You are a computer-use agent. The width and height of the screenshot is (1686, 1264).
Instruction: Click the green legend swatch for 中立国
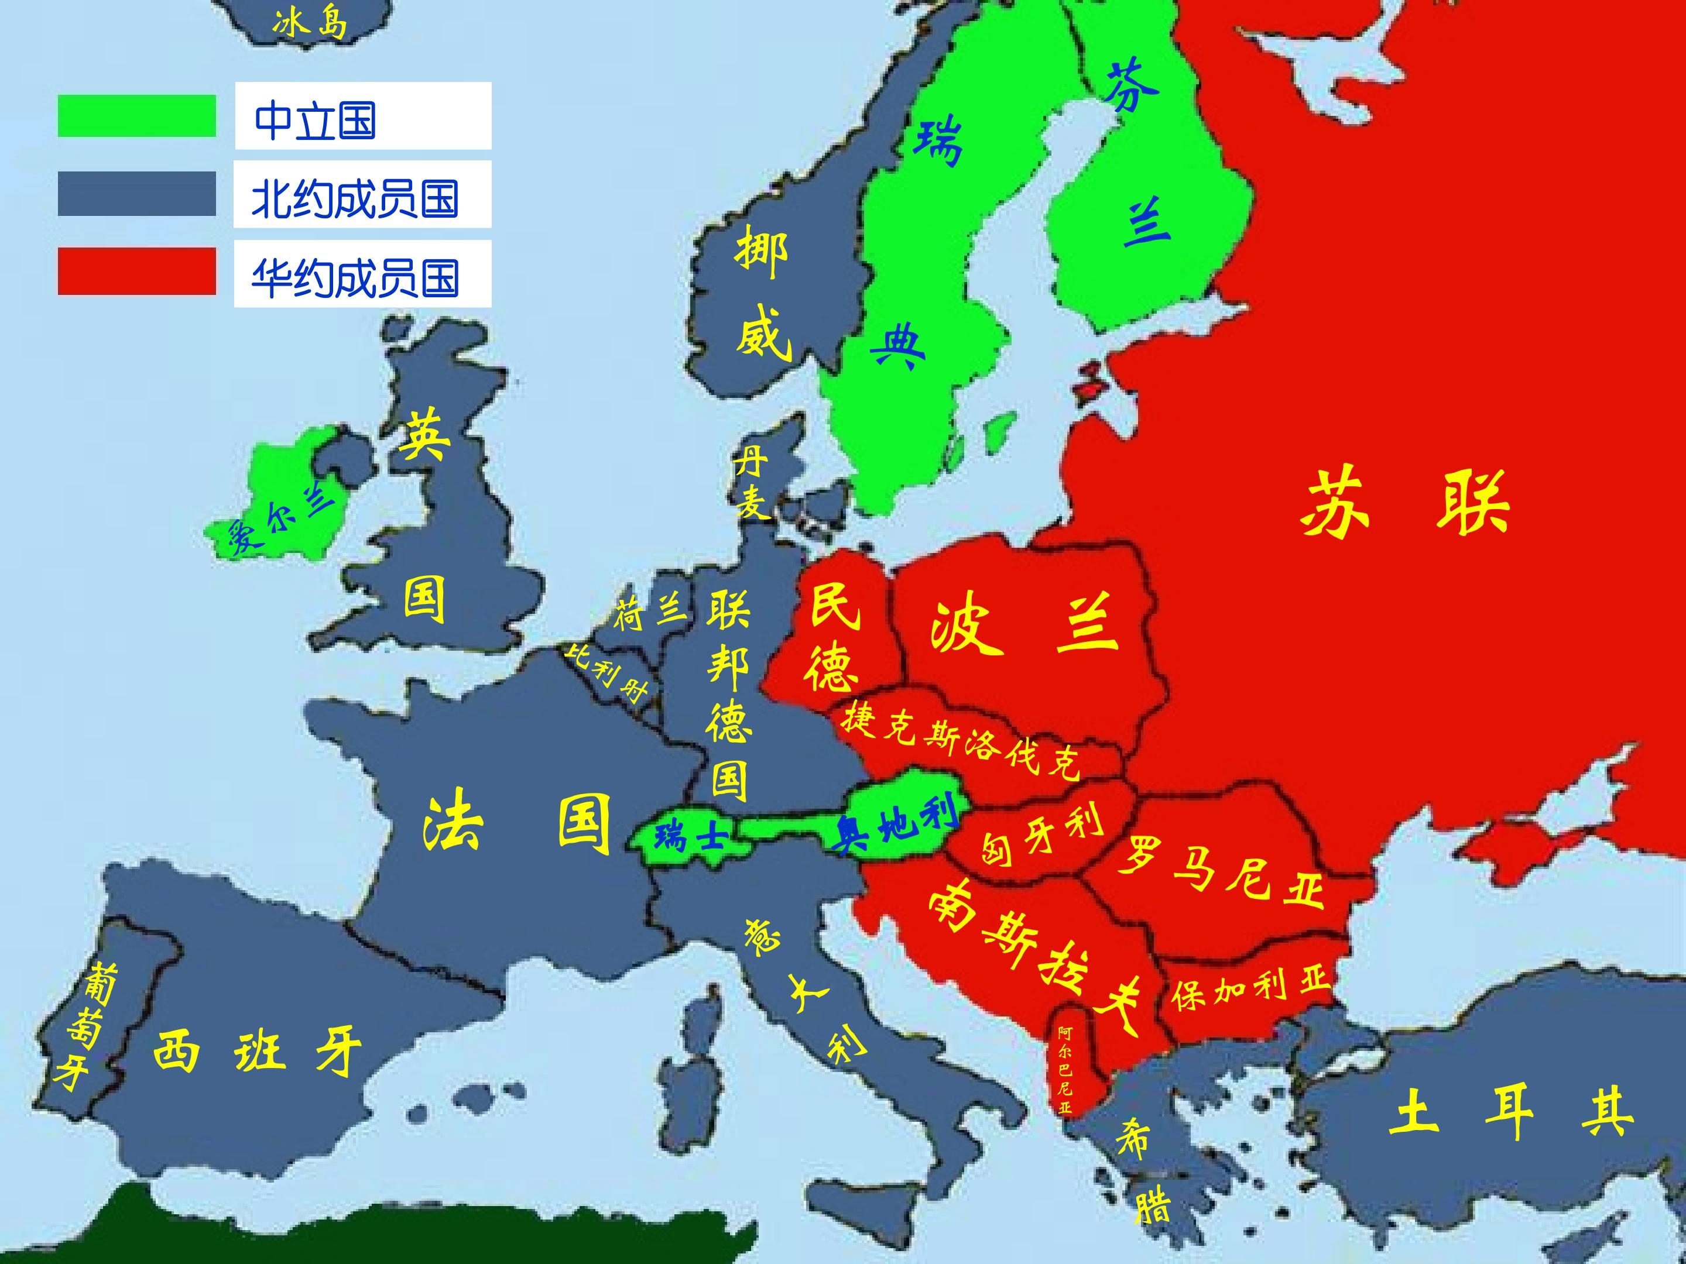click(136, 116)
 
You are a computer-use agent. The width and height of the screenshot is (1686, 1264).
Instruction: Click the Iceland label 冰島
click(310, 23)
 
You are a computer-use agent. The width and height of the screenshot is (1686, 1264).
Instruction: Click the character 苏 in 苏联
click(1334, 503)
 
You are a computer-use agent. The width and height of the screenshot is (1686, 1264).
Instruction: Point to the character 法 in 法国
click(452, 825)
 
